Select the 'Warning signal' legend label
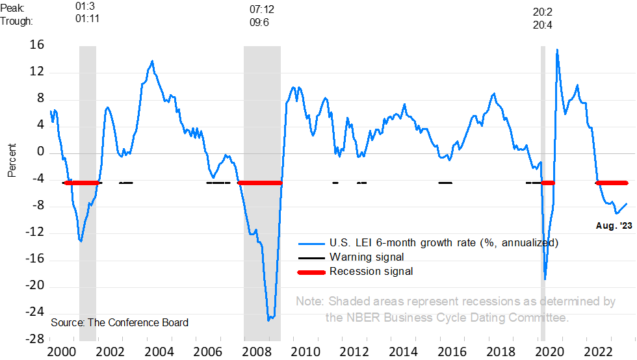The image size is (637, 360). tap(367, 257)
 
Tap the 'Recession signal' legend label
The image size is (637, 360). tap(371, 272)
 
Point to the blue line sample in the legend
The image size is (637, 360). tap(311, 244)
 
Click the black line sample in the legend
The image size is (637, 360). tap(311, 258)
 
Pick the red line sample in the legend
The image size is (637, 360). tap(311, 272)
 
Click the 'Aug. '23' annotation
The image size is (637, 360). tap(614, 226)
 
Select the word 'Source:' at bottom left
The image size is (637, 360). tap(68, 322)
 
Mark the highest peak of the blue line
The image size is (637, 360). tap(557, 49)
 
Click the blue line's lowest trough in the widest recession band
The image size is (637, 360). tap(269, 319)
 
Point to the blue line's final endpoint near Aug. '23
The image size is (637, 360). tap(627, 203)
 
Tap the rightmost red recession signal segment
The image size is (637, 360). tap(612, 183)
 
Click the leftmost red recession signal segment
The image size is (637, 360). tap(81, 183)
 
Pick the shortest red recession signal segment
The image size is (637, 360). tap(548, 183)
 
